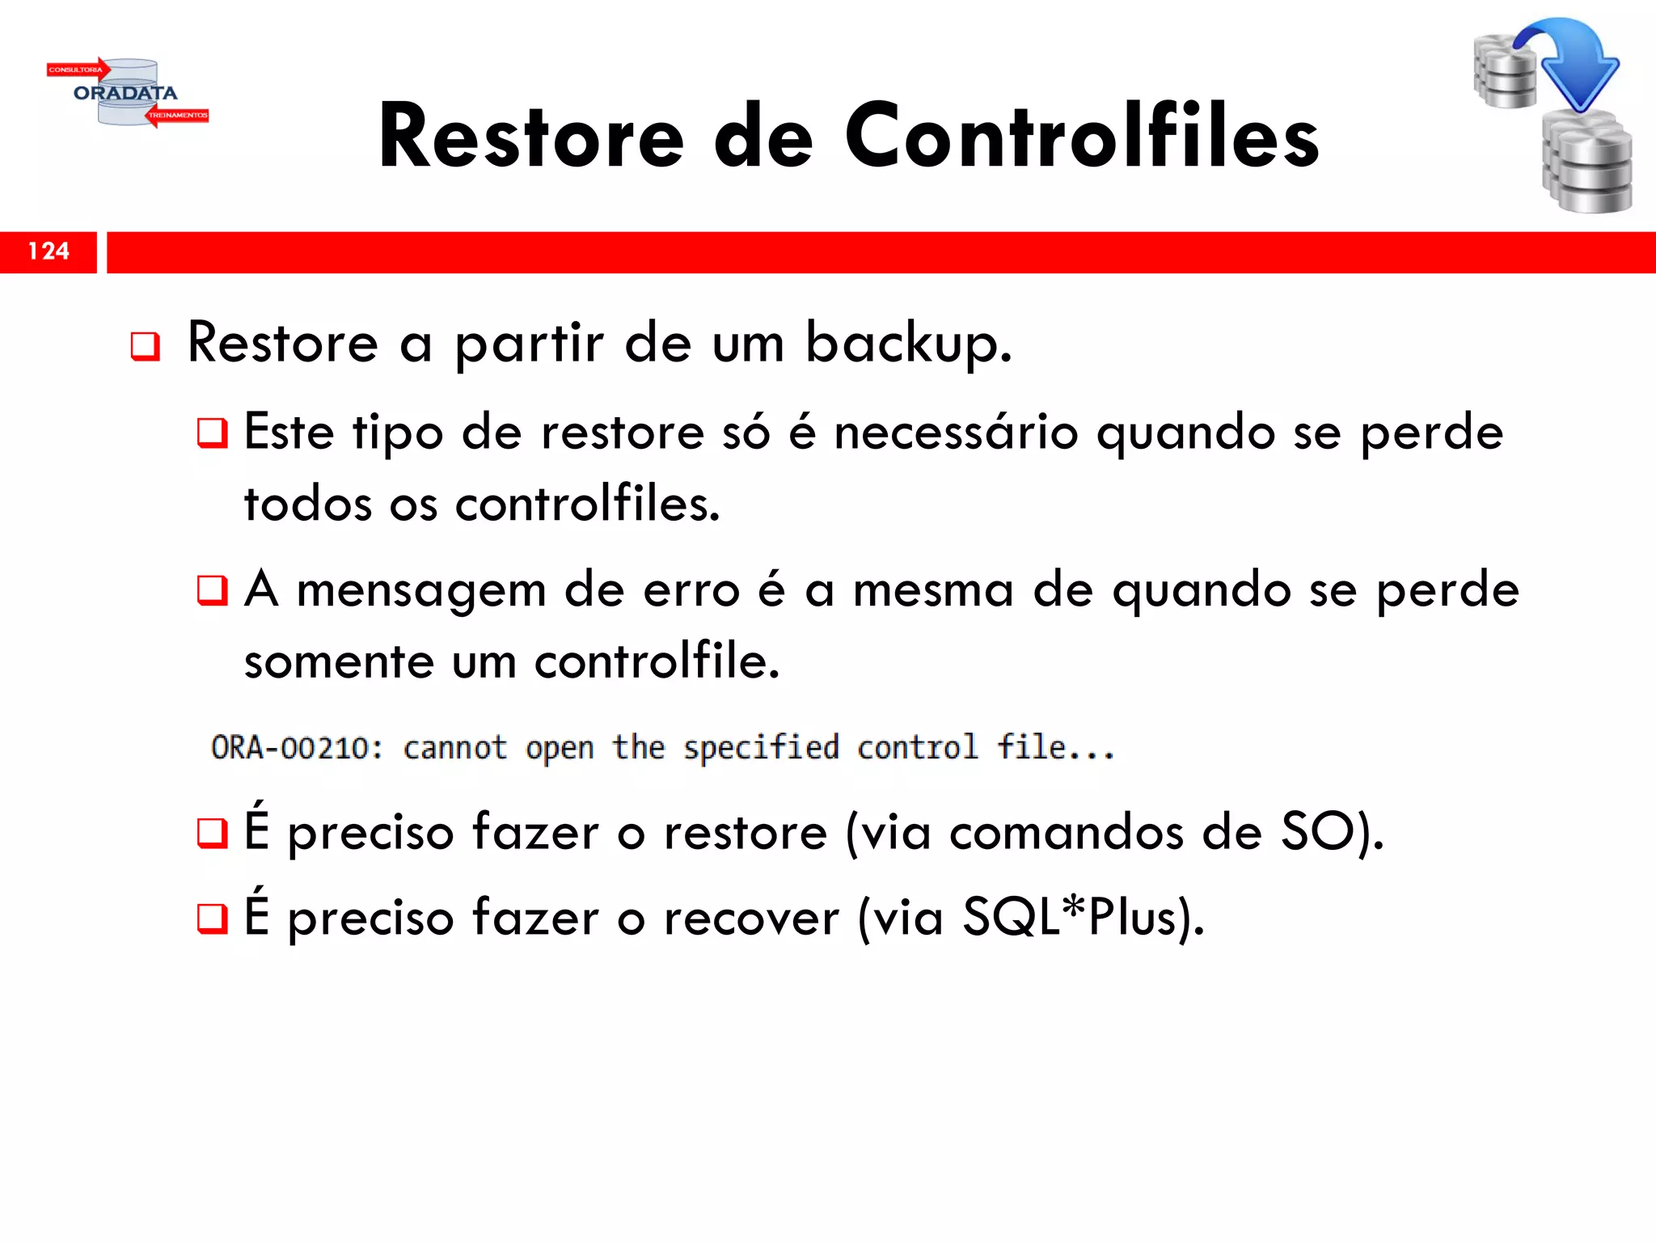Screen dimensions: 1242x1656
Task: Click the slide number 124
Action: click(49, 251)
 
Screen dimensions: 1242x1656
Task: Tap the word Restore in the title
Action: click(531, 137)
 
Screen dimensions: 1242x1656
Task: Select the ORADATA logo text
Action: click(125, 93)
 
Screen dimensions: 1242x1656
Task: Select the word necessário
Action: click(956, 433)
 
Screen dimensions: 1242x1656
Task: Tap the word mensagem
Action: click(421, 590)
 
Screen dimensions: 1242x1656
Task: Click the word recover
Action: click(751, 919)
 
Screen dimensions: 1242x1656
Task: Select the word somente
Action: click(339, 662)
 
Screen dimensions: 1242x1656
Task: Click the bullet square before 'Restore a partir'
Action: click(146, 347)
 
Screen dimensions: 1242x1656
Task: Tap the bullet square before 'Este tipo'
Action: click(213, 433)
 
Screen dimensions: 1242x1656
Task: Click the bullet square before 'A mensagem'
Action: click(213, 590)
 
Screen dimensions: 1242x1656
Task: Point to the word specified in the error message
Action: click(761, 748)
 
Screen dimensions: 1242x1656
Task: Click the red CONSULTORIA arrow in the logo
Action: click(78, 70)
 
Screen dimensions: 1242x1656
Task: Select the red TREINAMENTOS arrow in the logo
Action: click(178, 116)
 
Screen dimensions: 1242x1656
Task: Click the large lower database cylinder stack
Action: click(1587, 164)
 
